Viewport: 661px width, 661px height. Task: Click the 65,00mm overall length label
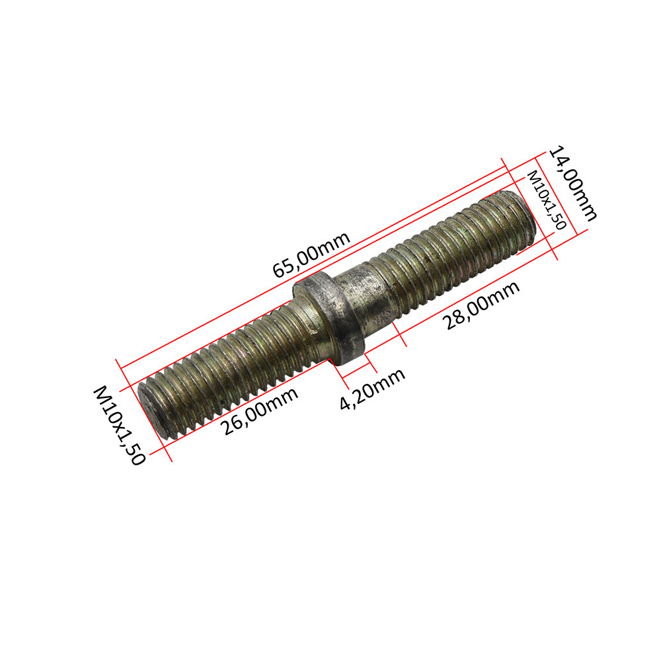pos(311,254)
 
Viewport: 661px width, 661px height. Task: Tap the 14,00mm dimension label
pos(572,183)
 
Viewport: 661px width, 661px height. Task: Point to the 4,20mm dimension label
pos(372,389)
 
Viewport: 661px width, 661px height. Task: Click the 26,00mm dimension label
pos(259,410)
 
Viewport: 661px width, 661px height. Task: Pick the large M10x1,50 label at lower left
pos(120,425)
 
